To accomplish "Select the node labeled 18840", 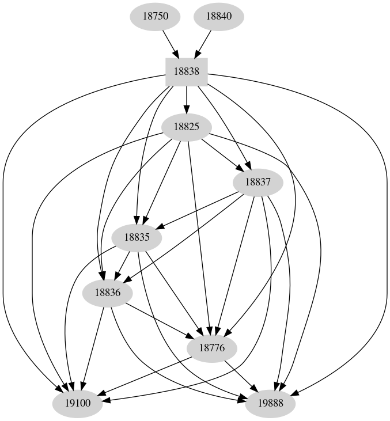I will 218,16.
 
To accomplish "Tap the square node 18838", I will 186,73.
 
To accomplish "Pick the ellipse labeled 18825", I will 186,127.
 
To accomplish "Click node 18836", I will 108,293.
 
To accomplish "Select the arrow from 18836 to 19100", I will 93,348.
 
